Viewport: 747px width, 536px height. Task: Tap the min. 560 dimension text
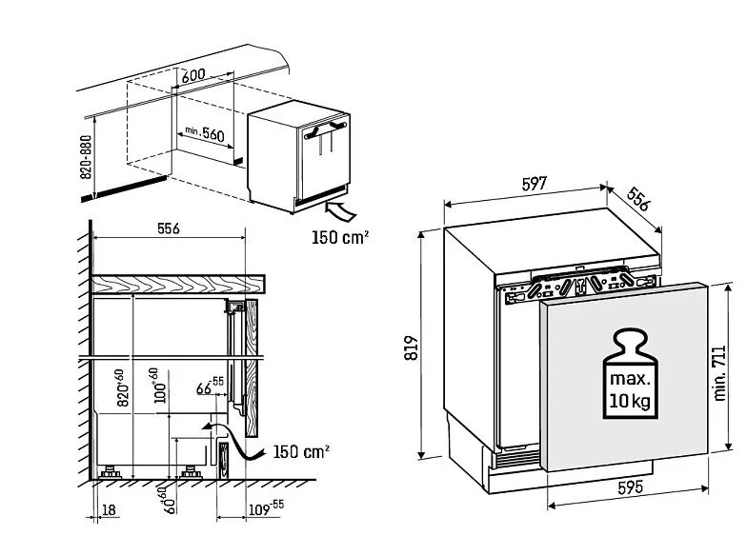pos(204,134)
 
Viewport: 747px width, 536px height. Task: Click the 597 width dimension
pos(534,185)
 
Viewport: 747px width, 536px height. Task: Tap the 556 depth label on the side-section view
pos(168,229)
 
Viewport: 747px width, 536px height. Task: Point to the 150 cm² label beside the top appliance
pos(340,235)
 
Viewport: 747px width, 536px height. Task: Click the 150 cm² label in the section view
pos(301,450)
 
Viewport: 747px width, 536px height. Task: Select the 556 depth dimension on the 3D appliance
pos(637,199)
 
